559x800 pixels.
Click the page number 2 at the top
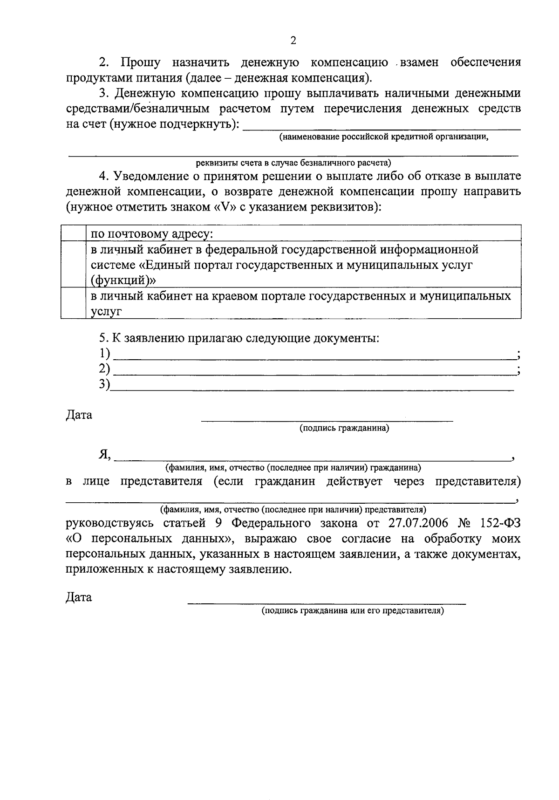click(293, 41)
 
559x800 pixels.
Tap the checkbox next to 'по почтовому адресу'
click(73, 233)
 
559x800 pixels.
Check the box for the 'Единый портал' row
click(73, 264)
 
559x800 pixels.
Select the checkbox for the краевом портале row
click(73, 303)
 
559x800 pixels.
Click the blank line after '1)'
click(314, 356)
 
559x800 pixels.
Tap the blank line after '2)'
click(314, 371)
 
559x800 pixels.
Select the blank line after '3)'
click(312, 387)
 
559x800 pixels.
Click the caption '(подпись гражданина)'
click(344, 428)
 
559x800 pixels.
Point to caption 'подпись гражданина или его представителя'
click(353, 610)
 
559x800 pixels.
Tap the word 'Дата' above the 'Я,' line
click(79, 415)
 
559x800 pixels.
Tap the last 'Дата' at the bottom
click(79, 597)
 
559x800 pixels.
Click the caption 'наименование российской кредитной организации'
click(384, 137)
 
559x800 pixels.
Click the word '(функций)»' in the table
click(123, 280)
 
